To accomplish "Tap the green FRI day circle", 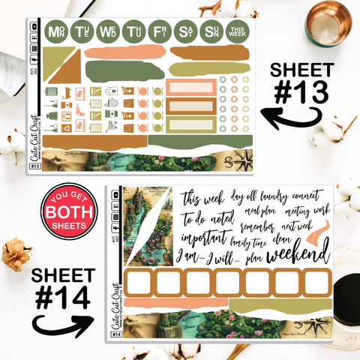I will pyautogui.click(x=159, y=31).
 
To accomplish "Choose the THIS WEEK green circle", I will pyautogui.click(x=238, y=31).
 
